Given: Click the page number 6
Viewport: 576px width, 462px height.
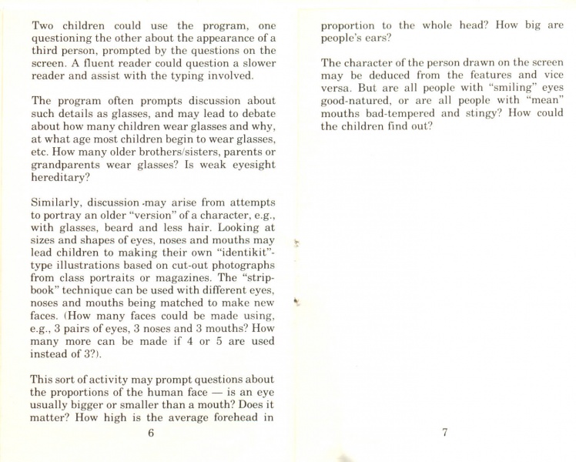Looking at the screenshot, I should coord(151,433).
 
